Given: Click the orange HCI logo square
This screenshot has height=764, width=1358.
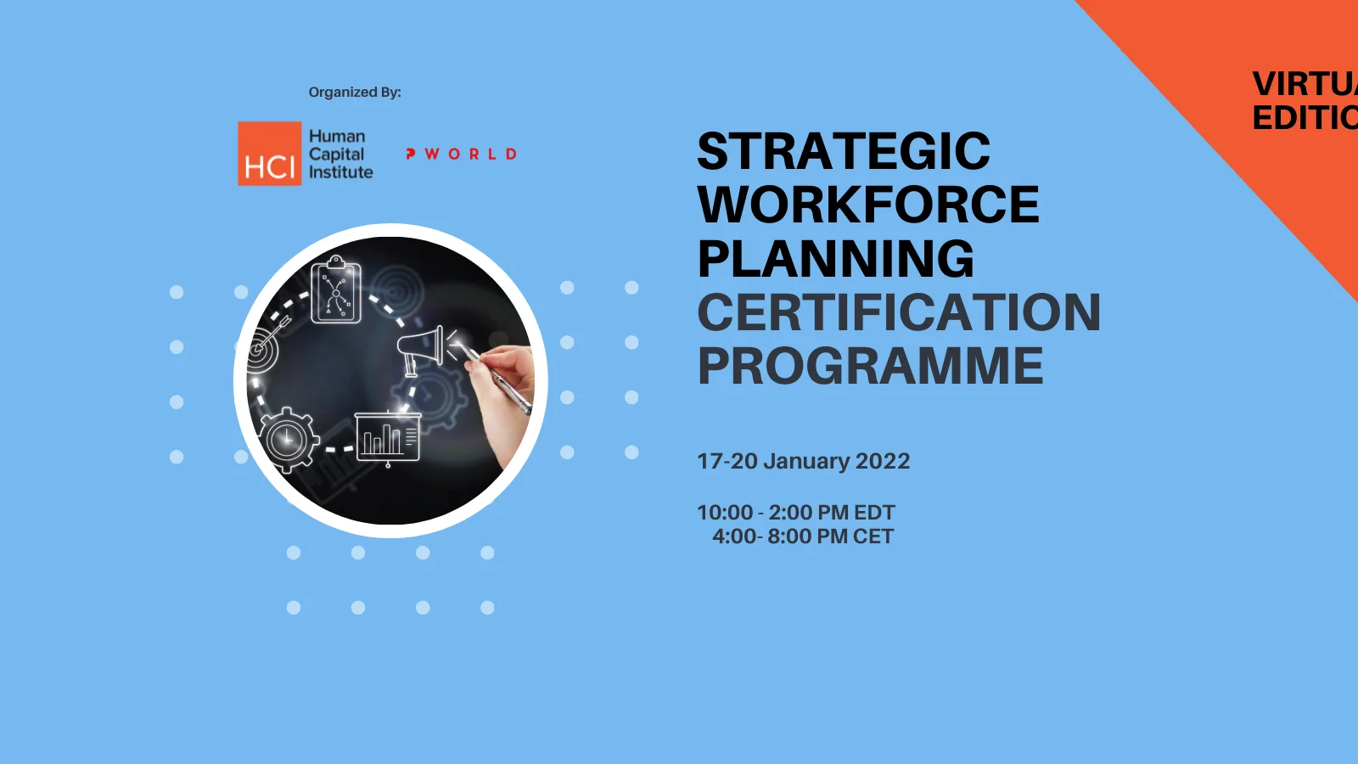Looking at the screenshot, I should point(269,154).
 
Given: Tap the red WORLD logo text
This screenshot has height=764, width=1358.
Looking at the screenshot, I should point(462,154).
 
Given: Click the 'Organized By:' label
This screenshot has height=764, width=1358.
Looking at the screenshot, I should point(355,92).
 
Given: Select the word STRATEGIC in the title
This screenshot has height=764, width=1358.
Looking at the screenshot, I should point(844,151).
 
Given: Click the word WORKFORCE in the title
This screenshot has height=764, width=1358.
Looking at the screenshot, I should point(868,205).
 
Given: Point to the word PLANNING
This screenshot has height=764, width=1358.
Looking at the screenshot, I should point(836,259).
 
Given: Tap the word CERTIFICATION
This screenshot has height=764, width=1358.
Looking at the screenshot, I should point(899,312).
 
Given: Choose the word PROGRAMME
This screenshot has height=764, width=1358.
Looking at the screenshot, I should point(870,366).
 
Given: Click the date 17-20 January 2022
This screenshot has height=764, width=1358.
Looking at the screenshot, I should point(803,461).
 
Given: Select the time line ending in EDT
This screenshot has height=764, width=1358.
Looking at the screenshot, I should point(795,513).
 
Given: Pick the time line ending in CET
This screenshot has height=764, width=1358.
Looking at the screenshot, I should point(802,536).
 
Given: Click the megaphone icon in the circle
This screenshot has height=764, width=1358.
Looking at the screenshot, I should point(422,348).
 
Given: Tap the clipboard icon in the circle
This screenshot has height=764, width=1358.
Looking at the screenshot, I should point(336,290).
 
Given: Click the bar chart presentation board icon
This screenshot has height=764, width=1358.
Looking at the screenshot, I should point(388,438).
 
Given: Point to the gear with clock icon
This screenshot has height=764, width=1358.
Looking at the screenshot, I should point(289,439).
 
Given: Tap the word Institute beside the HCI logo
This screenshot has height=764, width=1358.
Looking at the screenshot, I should point(340,172).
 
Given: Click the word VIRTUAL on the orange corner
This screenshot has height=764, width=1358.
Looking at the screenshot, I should point(1305,84).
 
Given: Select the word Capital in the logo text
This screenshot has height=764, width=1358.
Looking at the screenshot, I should point(336,154).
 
